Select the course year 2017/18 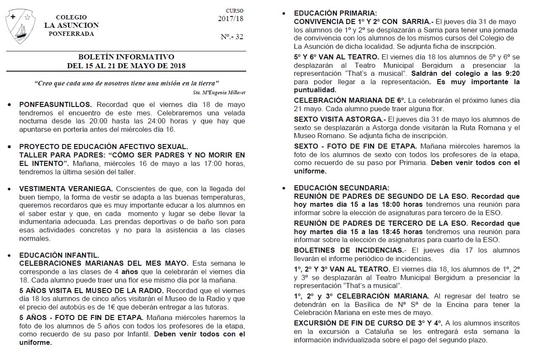231,19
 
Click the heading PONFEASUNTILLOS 55,104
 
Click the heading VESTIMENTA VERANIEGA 66,189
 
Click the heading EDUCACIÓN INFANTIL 59,255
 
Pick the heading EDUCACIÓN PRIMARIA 335,13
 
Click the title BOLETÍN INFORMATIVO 126,57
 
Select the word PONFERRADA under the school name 71,34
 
